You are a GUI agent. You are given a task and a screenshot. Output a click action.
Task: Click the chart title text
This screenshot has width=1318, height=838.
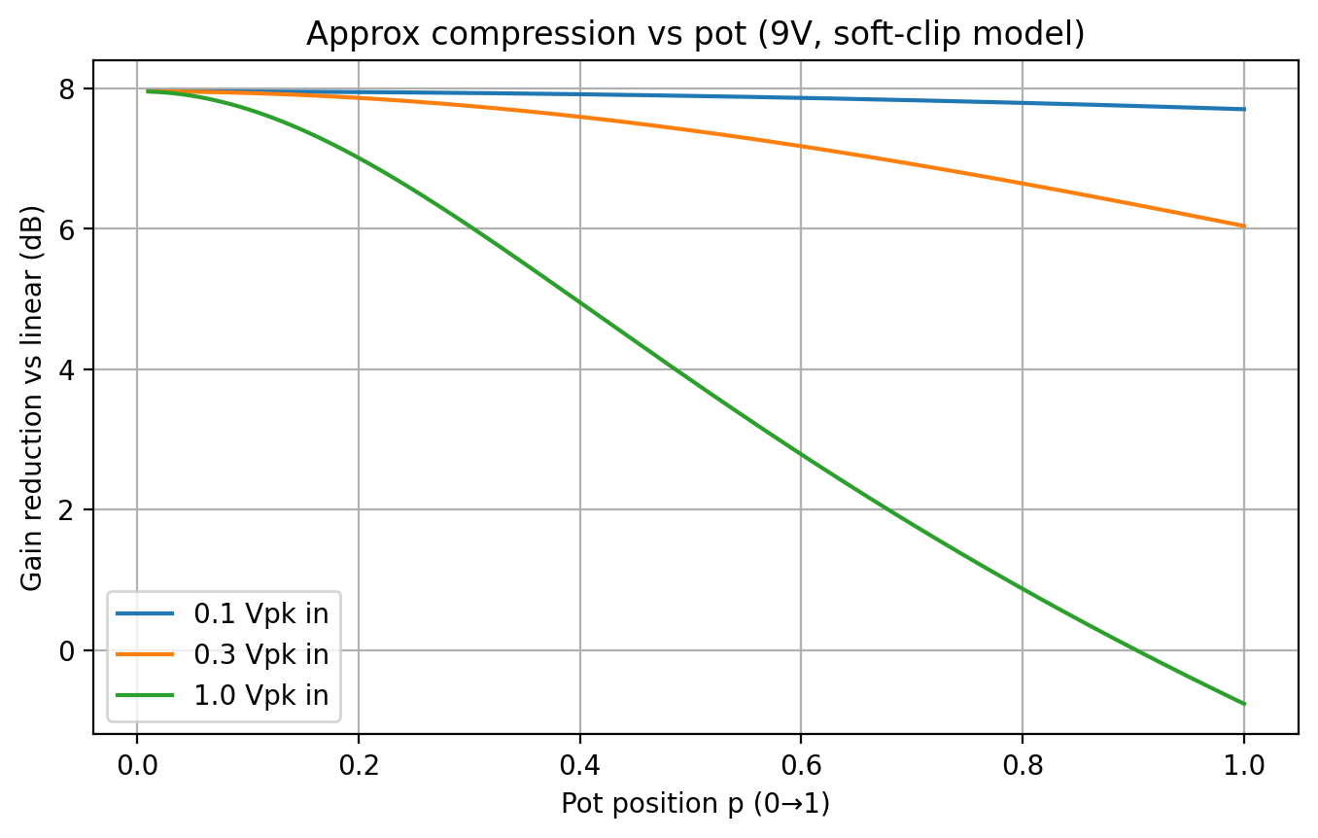point(695,33)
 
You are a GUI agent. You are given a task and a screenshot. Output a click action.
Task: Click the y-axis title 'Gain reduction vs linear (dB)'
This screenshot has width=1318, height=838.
point(32,397)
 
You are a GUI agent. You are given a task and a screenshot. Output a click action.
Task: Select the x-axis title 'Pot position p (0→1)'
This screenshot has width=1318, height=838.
point(695,805)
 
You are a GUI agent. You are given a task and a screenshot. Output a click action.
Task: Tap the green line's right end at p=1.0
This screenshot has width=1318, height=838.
point(1243,703)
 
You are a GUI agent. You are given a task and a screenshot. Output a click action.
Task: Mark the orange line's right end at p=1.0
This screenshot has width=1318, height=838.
point(1243,226)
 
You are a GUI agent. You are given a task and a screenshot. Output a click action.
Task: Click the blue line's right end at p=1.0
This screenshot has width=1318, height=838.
point(1243,109)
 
